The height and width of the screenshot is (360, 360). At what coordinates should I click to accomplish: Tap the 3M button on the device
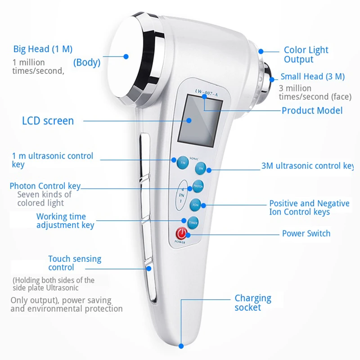tap(201, 168)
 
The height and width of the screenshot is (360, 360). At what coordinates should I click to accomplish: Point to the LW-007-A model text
tap(206, 92)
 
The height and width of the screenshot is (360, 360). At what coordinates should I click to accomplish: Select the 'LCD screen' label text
tap(48, 121)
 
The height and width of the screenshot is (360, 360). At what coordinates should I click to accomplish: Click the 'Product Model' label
tap(312, 110)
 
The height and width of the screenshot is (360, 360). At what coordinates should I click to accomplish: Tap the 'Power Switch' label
tap(306, 233)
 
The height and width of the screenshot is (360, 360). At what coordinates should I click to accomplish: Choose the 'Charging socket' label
tap(253, 303)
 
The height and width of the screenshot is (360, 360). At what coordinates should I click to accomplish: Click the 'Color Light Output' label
tap(306, 54)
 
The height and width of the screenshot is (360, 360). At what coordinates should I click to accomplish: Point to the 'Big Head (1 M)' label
tap(43, 49)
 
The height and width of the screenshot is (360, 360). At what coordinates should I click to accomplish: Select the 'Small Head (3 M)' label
tap(312, 76)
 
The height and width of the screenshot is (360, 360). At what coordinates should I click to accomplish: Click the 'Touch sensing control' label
tap(75, 263)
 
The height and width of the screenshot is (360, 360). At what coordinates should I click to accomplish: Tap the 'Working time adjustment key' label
tap(65, 220)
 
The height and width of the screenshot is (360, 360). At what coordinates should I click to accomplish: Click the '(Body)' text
tap(87, 63)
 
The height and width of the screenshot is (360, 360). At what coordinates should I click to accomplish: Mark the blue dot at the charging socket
tap(181, 346)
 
